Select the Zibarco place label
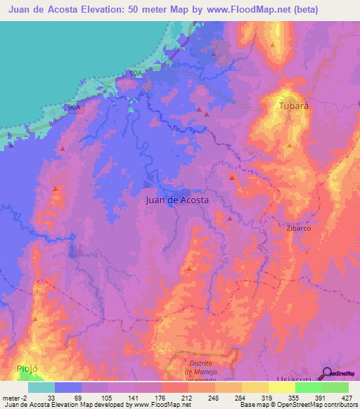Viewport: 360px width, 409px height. coord(300,228)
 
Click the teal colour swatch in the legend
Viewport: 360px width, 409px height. coord(41,387)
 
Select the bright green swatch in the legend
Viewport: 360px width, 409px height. coord(309,387)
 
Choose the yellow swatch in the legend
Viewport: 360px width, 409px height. coord(282,387)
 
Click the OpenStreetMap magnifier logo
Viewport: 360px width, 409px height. coord(328,372)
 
